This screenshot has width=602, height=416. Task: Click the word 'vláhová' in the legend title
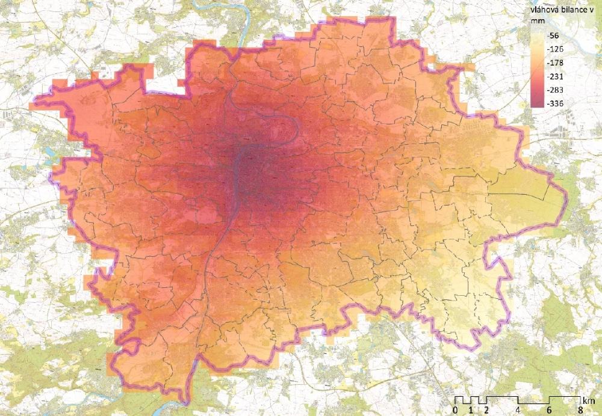point(542,10)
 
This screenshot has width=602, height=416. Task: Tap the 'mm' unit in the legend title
point(534,21)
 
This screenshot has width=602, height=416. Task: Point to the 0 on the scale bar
point(455,410)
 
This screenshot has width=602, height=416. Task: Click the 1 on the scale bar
point(471,410)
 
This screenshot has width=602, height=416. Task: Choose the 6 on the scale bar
point(549,410)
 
